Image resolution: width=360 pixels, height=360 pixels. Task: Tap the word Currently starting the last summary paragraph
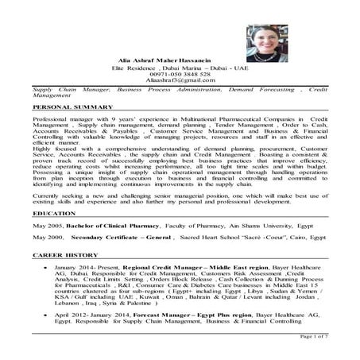48,194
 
